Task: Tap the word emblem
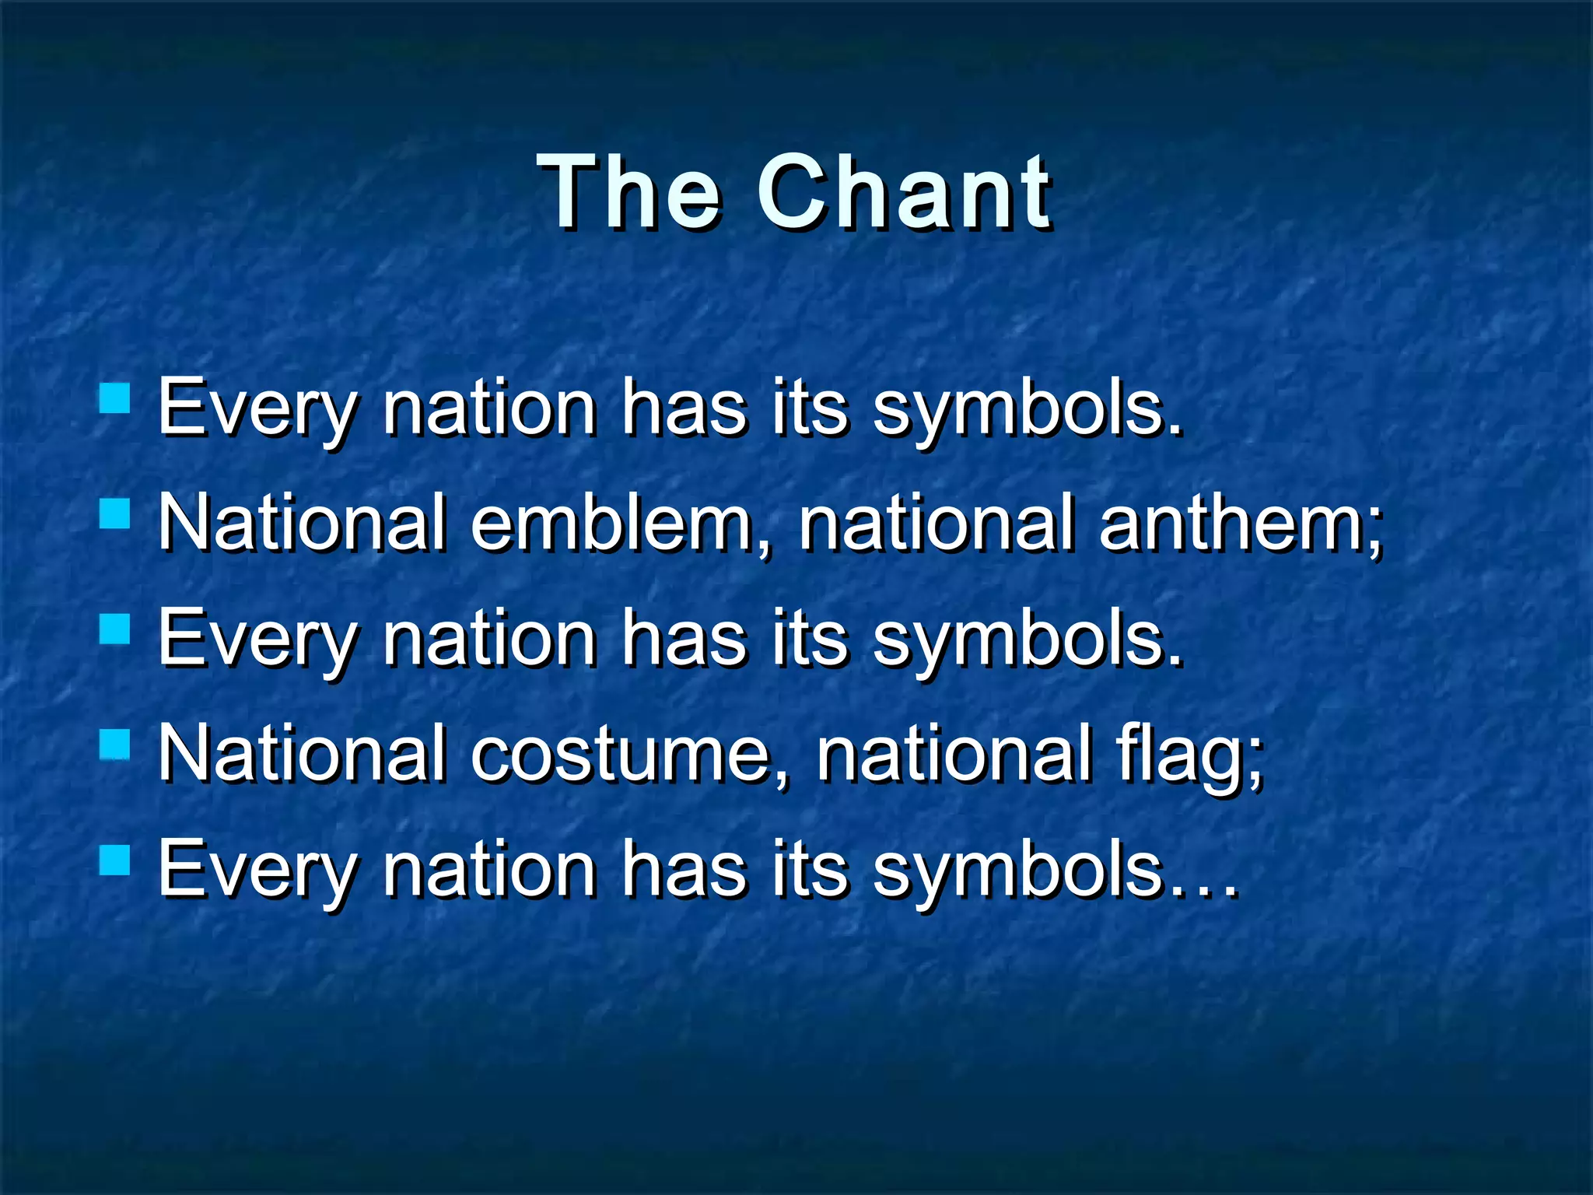point(611,523)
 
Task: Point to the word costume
point(618,753)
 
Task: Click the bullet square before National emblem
point(115,513)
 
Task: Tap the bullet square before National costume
point(115,744)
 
